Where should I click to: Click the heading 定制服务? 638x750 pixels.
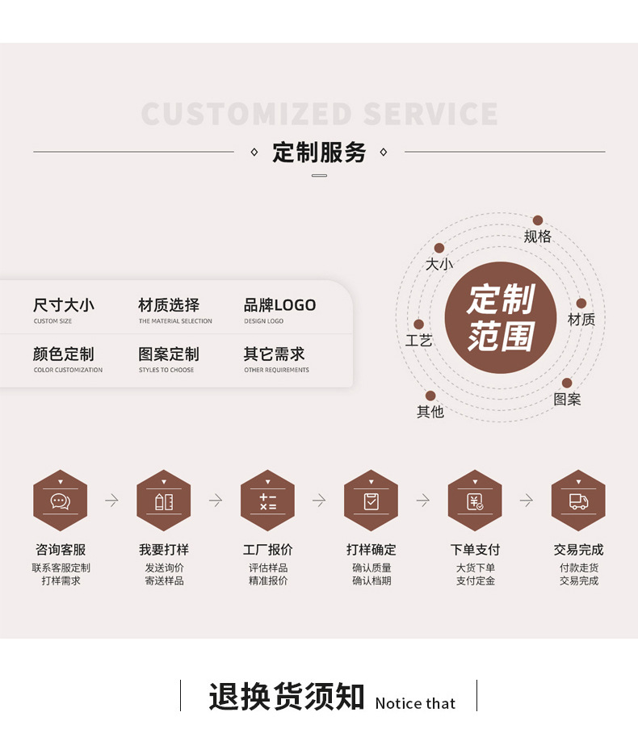319,152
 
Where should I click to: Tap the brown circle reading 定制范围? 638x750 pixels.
501,317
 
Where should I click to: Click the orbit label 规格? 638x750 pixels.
537,237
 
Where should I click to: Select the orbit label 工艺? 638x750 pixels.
419,341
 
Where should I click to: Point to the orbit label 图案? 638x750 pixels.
567,400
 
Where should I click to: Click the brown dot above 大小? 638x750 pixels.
439,249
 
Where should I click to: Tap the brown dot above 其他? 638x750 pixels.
430,396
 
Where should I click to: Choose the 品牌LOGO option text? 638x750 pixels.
279,305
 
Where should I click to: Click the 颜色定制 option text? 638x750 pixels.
64,354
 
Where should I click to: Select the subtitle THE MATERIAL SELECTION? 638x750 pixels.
175,321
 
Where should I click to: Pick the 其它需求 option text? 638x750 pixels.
274,354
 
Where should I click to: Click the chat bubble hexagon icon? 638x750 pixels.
60,501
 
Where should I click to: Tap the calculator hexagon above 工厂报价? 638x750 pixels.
267,501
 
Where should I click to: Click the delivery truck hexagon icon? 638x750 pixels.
578,501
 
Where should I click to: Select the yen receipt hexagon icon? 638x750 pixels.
475,501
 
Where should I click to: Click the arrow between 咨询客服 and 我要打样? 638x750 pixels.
111,501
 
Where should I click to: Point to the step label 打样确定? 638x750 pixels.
371,550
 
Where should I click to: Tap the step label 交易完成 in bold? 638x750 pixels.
578,550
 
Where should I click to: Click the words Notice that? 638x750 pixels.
415,703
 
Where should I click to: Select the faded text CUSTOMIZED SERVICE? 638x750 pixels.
319,114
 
